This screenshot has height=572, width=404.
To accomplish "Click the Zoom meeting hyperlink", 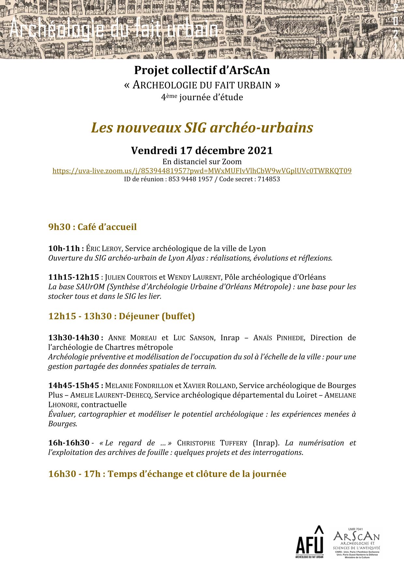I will pos(202,171).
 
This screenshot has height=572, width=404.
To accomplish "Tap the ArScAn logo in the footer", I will pos(356,543).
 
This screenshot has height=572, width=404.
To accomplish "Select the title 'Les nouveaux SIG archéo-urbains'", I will pos(202,128).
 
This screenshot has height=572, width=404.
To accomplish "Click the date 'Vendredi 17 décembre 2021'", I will pos(202,150).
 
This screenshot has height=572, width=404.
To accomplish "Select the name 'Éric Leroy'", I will pos(104,248).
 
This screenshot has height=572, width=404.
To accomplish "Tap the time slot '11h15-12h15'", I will pos(73,277).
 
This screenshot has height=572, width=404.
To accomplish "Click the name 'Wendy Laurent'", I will pos(194,277).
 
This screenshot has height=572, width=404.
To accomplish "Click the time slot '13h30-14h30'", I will pos(73,338).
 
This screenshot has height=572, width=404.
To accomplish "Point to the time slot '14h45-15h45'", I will pos(73,385).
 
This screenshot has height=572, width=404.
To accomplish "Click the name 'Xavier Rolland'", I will pos(209,385).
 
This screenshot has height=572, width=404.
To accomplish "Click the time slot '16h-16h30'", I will pos(69,443).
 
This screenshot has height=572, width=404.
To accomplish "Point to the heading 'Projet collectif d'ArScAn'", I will pos(202,70).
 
